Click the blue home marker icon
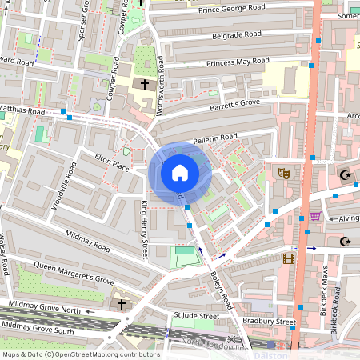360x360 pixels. point(180,173)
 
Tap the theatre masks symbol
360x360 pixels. point(283,173)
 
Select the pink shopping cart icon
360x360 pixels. point(316,216)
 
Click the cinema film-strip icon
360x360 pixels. point(288,258)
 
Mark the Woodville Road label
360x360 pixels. point(64,186)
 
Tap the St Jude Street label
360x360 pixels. point(197,317)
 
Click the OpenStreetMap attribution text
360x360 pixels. point(80,354)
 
